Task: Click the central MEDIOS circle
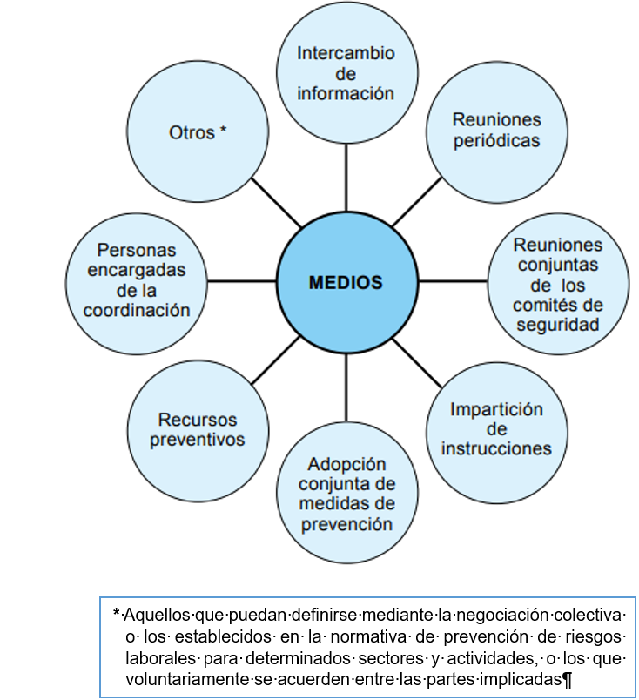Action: [x=346, y=282]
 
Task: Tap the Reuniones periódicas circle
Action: [x=496, y=131]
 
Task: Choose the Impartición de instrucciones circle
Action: [x=496, y=428]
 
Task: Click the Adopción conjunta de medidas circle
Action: [x=346, y=493]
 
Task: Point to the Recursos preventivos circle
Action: [x=197, y=428]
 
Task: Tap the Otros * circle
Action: [x=197, y=132]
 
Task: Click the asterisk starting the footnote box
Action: [x=116, y=613]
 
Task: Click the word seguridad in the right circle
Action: [x=557, y=325]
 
